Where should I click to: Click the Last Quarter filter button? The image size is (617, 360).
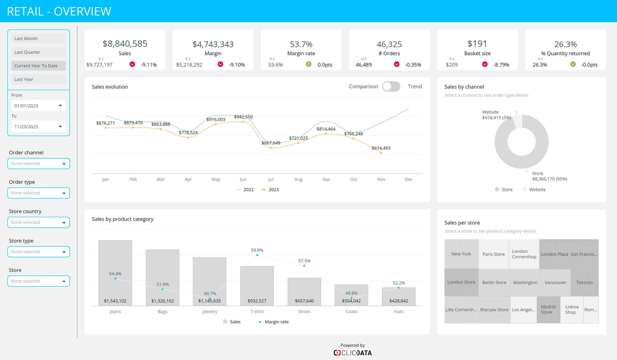click(x=38, y=52)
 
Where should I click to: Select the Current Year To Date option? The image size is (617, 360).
click(x=38, y=66)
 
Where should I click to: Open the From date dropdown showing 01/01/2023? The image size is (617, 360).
click(x=38, y=106)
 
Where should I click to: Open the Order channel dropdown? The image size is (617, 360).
click(x=38, y=163)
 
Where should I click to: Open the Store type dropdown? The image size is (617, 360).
click(x=38, y=252)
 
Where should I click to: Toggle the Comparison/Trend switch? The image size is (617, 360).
click(x=391, y=87)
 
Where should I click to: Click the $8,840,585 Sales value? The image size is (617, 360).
click(x=125, y=44)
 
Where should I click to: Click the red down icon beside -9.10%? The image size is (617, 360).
click(x=220, y=64)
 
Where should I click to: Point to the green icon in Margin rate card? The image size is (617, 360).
click(x=308, y=64)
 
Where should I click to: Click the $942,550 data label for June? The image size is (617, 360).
click(x=243, y=117)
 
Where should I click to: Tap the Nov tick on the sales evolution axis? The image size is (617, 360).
click(x=381, y=179)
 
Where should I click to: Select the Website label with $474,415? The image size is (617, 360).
click(x=496, y=115)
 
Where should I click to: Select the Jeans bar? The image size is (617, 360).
click(x=115, y=273)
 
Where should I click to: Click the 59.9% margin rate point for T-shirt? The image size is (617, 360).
click(x=257, y=255)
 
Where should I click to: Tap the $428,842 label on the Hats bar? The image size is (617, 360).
click(x=399, y=301)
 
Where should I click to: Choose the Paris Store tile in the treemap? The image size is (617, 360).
click(x=494, y=254)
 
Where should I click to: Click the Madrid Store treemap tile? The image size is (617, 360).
click(x=548, y=309)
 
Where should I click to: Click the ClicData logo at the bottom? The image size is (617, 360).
click(x=353, y=353)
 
